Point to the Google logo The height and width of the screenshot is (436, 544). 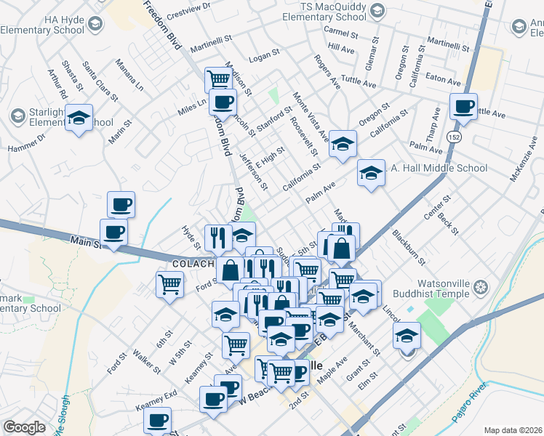[24, 428]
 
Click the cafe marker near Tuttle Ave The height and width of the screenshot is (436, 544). [463, 107]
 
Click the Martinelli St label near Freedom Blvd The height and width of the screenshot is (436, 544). [209, 46]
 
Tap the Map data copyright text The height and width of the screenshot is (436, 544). [513, 430]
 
